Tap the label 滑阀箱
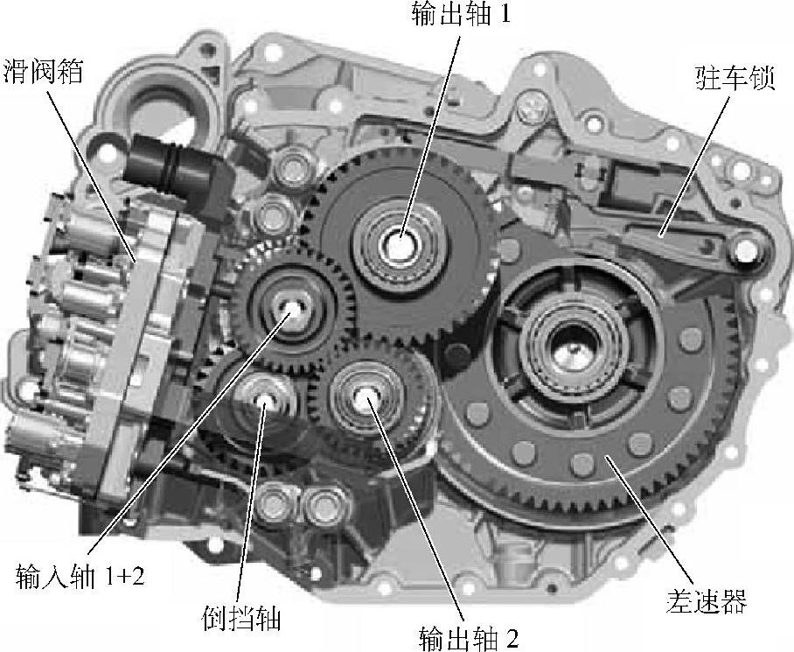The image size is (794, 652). coord(44,71)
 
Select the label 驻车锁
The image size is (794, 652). coord(735,78)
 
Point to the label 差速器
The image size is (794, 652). coord(706,602)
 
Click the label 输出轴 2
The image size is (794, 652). coord(469,638)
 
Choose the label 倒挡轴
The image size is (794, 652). coord(241,618)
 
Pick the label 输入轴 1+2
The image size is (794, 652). coord(80,576)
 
